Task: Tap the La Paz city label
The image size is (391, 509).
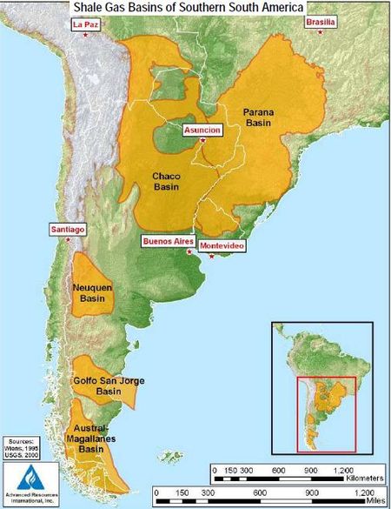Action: [x=87, y=24]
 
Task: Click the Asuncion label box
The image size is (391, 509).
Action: [x=202, y=130]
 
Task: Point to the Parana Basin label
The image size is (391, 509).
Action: [x=258, y=117]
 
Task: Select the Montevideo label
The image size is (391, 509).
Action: [x=222, y=246]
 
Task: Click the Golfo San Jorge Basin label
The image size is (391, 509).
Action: [x=108, y=385]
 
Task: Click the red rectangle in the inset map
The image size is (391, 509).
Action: [x=326, y=414]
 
